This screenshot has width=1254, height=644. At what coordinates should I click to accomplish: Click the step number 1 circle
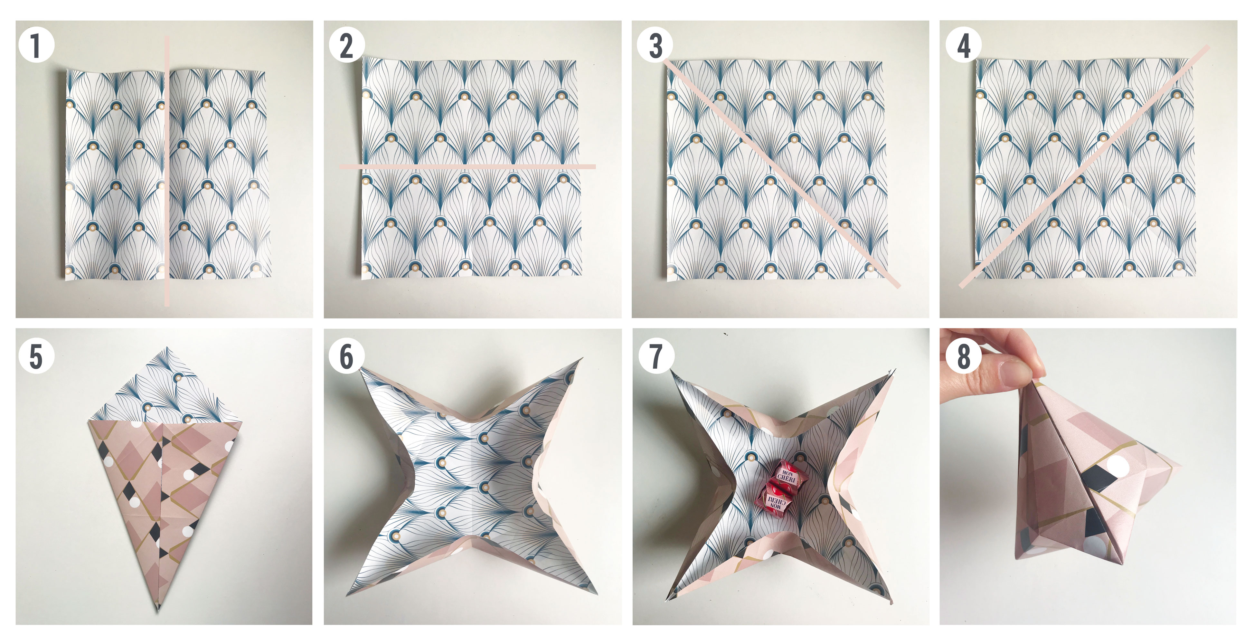36,45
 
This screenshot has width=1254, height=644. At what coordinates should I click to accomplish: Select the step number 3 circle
655,45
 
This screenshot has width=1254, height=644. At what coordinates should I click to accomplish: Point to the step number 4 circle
963,45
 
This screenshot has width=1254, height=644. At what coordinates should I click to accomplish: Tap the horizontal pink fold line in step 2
467,166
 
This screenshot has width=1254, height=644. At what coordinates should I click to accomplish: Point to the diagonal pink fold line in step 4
1084,166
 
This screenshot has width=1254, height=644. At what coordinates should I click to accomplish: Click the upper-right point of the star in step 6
581,359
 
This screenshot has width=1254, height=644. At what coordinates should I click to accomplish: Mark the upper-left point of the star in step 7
672,371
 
